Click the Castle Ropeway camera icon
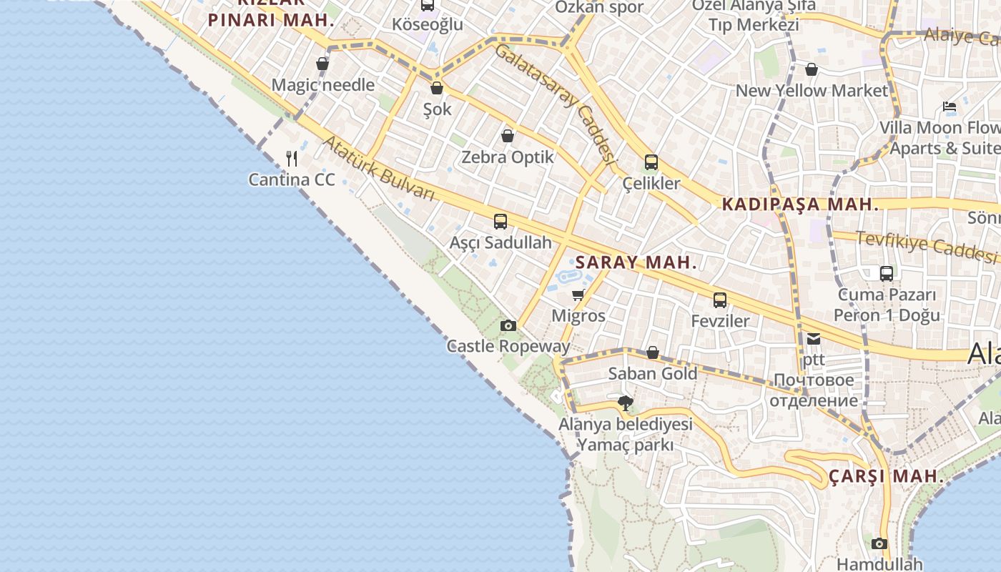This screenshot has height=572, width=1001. (x=508, y=326)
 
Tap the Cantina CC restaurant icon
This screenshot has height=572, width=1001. (x=292, y=158)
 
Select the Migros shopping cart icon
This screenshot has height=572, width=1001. (x=578, y=295)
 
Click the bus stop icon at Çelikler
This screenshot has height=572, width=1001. (x=651, y=162)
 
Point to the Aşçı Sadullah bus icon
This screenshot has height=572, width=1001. (x=500, y=222)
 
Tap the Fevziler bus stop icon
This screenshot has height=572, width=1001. (x=720, y=300)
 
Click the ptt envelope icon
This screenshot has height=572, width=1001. (x=814, y=339)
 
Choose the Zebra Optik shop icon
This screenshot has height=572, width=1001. (x=508, y=136)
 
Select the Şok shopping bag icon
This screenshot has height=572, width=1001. (x=437, y=89)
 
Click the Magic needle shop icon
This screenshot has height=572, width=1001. (x=322, y=64)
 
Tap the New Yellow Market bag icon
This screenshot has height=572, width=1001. (x=812, y=69)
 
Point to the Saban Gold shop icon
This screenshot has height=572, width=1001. (x=652, y=352)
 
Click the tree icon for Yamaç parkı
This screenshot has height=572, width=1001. (x=626, y=403)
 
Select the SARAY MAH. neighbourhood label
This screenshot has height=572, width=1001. (x=636, y=262)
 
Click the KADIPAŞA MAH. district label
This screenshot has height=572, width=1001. (x=800, y=204)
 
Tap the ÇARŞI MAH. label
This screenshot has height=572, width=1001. (x=884, y=476)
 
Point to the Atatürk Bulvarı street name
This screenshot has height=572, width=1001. (x=378, y=169)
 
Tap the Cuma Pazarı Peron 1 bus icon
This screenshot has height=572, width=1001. (x=886, y=273)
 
